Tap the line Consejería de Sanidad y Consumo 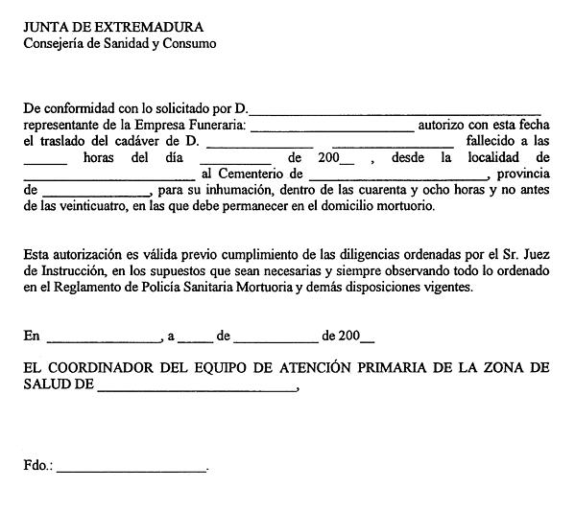[120, 43]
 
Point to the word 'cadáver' [154, 141]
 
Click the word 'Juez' [533, 254]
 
